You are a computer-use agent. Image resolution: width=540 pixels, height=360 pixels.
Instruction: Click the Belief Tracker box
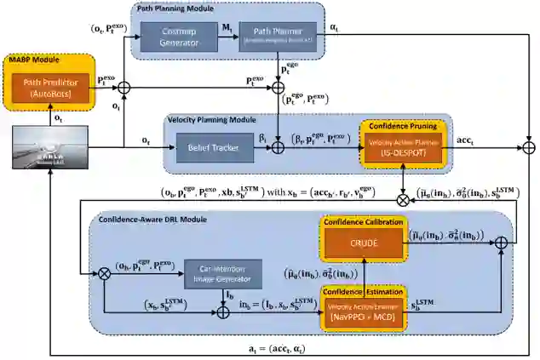tap(210, 148)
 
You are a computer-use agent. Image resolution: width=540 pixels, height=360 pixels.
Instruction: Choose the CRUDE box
tap(364, 243)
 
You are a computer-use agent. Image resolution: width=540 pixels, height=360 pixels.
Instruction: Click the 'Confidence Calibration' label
tap(364, 221)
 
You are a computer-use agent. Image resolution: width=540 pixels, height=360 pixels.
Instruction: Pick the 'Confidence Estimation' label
tap(364, 292)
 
